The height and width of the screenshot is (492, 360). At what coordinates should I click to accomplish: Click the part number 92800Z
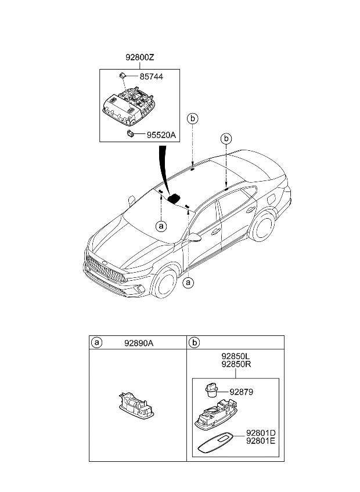139,58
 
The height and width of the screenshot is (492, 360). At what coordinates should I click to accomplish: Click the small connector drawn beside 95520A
131,133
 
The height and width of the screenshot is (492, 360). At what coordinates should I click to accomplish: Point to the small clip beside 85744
123,75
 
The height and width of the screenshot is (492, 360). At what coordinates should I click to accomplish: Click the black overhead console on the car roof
174,199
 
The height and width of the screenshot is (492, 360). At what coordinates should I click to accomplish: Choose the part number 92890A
139,343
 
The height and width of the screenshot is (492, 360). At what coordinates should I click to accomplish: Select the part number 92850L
235,357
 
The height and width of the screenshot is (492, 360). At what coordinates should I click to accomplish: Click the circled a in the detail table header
96,343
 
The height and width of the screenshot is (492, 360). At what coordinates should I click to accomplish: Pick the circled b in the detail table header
193,343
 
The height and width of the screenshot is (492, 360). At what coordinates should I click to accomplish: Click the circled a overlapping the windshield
161,226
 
